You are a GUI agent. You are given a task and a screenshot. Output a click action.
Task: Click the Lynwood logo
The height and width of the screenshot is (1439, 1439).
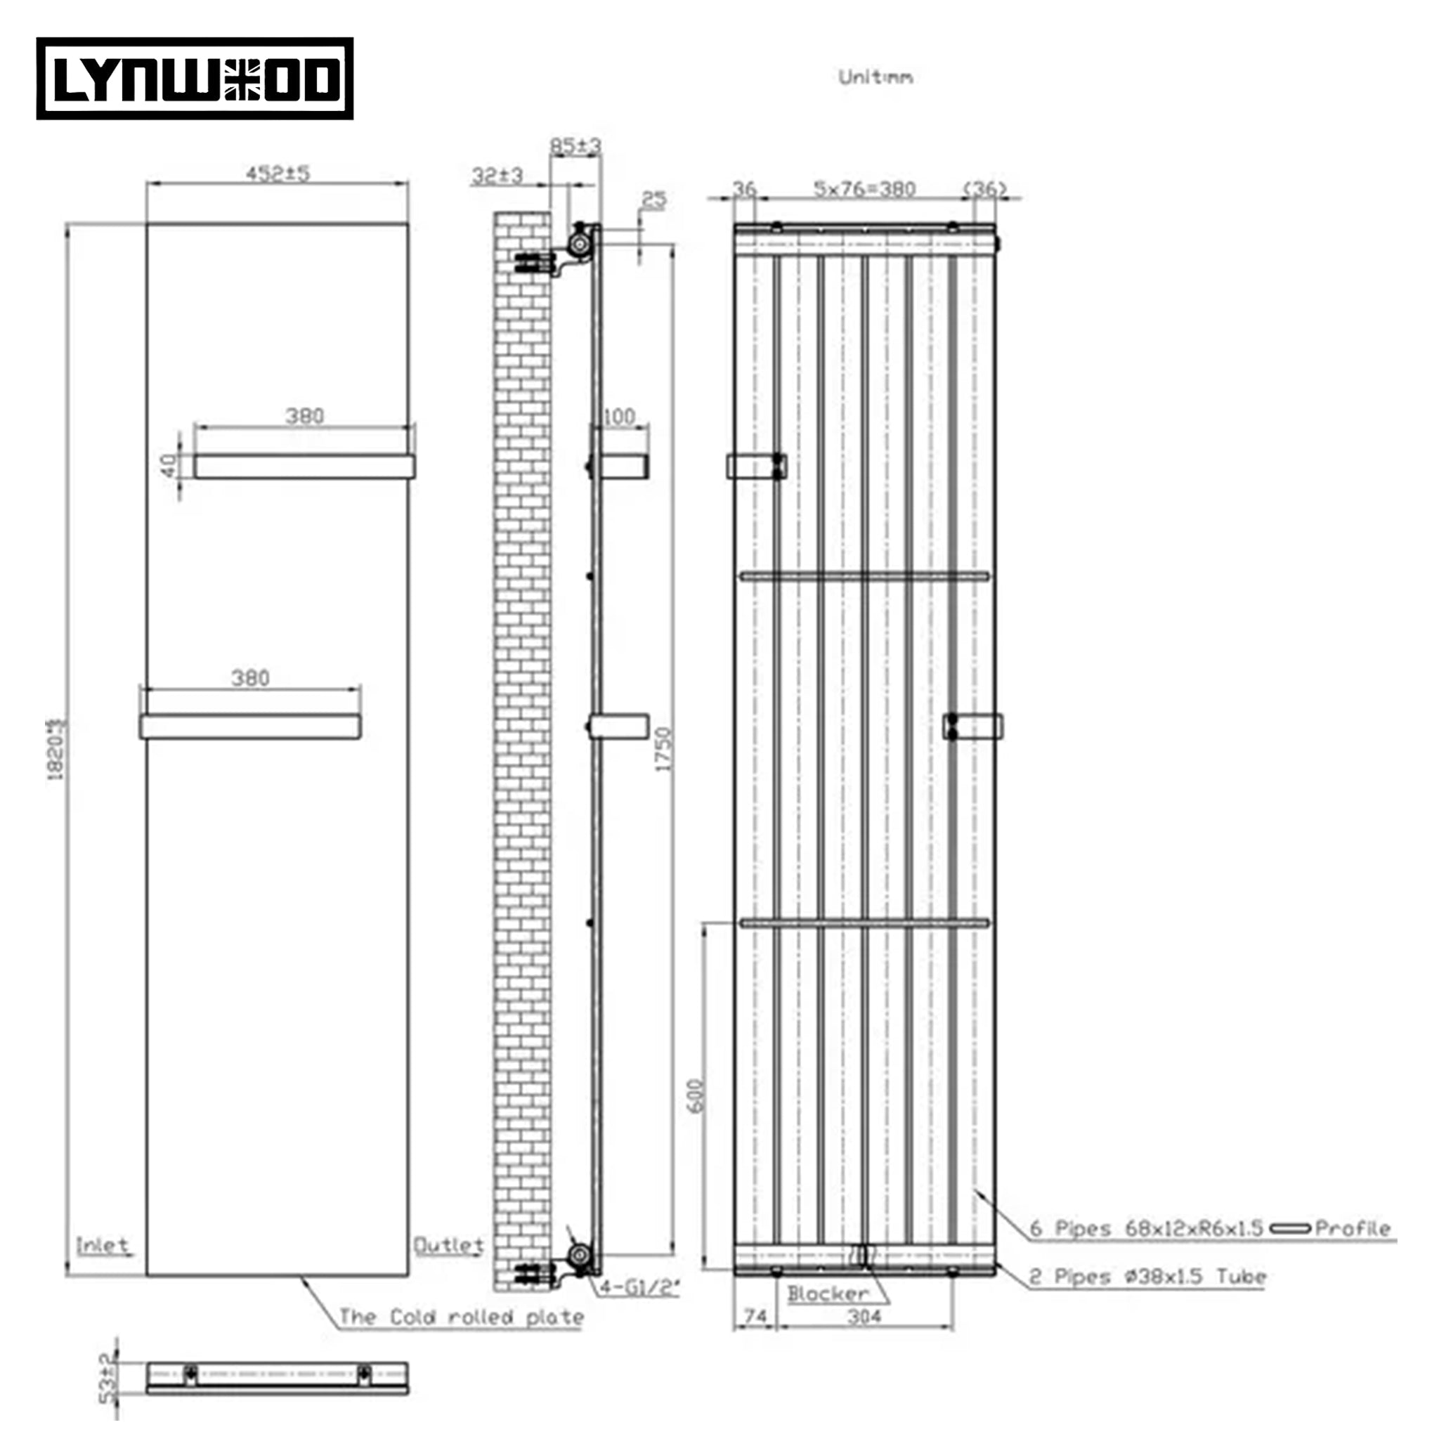point(195,79)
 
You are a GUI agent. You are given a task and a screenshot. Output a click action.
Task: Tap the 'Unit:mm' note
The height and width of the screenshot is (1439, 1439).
point(875,77)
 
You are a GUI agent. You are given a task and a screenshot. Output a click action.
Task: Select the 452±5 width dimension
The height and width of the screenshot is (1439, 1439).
point(278,174)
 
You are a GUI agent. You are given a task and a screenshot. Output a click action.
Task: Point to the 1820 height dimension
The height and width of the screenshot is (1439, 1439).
point(58,748)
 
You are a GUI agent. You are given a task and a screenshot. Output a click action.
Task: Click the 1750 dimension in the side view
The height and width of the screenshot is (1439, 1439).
point(663,748)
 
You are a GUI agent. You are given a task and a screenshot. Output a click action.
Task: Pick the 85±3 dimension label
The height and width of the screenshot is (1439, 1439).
point(575,146)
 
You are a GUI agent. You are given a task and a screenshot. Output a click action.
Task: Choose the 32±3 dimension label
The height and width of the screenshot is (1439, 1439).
point(497,176)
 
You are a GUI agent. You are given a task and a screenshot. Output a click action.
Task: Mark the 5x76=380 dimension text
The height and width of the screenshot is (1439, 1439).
point(864,189)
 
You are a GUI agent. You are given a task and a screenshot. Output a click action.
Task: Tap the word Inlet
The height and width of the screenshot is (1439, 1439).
point(103,1245)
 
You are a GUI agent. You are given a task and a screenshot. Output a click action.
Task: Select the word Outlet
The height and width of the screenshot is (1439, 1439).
point(448,1245)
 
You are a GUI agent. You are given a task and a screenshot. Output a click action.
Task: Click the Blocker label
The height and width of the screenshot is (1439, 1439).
point(828,1294)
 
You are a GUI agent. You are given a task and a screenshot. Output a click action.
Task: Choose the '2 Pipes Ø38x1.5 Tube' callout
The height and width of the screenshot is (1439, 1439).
point(1147,1277)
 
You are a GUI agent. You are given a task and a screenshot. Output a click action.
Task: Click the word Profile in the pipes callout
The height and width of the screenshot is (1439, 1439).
point(1353,1228)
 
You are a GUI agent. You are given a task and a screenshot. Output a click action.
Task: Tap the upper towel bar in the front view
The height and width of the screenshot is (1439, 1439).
point(304,467)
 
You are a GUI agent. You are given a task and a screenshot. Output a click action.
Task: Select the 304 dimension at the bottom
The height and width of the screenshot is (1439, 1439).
point(864,1317)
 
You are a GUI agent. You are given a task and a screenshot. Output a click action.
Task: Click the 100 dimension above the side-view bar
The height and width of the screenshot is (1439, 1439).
point(619,417)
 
